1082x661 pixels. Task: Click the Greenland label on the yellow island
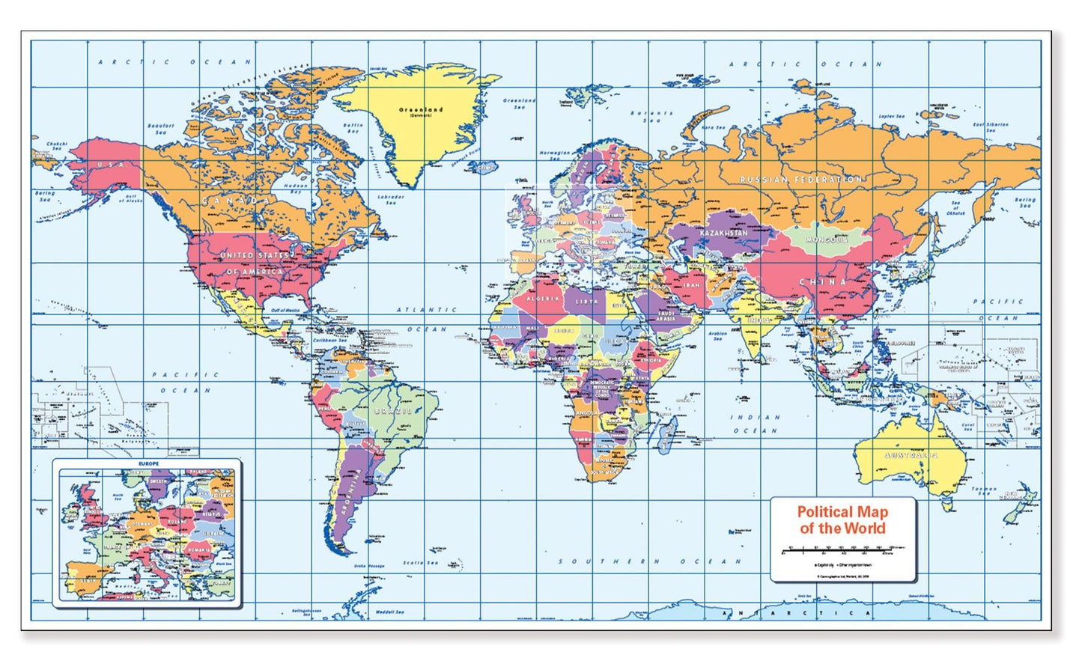[x=421, y=110]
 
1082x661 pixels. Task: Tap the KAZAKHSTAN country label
[x=723, y=233]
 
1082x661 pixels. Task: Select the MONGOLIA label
[x=827, y=240]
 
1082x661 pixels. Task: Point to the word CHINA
[x=822, y=282]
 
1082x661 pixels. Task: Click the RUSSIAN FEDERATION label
[x=800, y=180]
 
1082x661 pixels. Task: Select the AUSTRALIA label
[x=911, y=455]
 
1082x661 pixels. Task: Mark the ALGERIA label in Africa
[x=543, y=299]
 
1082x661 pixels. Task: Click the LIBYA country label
[x=587, y=302]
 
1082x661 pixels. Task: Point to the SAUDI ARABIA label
[x=666, y=315]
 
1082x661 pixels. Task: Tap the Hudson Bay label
[x=296, y=188]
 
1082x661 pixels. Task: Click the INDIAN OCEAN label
[x=755, y=424]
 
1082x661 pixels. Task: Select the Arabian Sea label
[x=717, y=335]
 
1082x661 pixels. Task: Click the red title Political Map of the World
[x=842, y=520]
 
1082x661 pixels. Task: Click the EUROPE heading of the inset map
[x=148, y=464]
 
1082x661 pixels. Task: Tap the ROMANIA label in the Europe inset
[x=200, y=549]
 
